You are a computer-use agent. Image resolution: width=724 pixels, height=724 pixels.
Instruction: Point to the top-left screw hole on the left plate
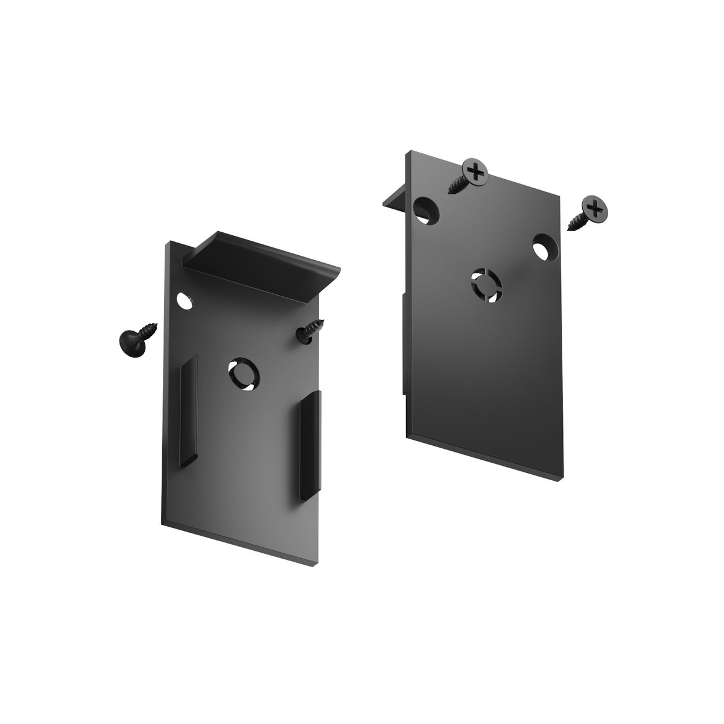click(183, 300)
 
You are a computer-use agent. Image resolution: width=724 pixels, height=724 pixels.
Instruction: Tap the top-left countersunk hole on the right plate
click(427, 210)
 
